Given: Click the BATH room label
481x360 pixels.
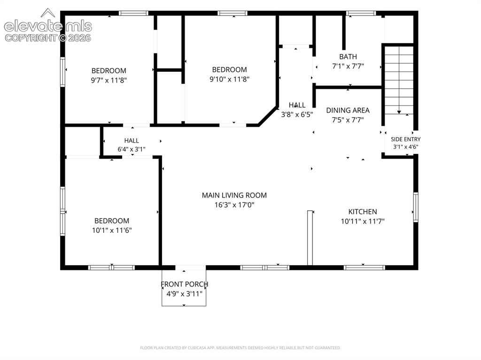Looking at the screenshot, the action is click(348, 57).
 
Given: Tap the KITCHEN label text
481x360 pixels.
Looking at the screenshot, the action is click(363, 212).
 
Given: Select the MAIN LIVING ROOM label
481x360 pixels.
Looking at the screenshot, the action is click(234, 195).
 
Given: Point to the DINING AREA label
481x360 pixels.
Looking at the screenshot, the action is click(348, 110).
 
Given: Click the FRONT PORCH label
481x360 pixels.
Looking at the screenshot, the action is click(184, 284).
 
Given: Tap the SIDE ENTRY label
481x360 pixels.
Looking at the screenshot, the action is click(405, 139).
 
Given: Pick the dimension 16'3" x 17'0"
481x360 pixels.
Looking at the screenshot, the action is click(234, 205).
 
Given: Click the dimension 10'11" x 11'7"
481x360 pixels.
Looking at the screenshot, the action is click(363, 221).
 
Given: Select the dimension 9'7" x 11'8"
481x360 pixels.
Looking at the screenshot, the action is click(109, 80).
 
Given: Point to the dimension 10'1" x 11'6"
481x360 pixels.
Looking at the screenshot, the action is click(112, 230).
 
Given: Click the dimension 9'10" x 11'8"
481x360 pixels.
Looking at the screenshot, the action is click(229, 79).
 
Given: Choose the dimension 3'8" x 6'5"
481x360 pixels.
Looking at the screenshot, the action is click(297, 115).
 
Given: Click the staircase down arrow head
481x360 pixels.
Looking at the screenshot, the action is click(399, 112).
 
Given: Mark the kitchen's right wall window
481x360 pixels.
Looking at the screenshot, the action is click(416, 207).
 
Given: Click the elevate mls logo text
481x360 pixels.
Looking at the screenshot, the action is click(48, 27).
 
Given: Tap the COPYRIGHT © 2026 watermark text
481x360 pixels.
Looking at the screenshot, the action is click(48, 38).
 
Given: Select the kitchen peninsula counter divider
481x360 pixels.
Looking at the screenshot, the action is click(310, 237).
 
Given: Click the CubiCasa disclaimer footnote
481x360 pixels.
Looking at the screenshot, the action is click(240, 348).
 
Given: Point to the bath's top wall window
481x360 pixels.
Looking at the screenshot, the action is click(361, 13).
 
